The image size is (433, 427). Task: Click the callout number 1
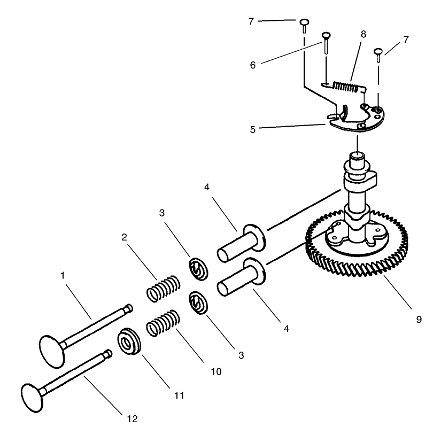click(x=63, y=276)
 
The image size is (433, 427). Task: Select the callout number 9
click(x=419, y=320)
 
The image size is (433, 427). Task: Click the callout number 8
click(x=363, y=34)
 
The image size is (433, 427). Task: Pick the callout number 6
click(x=252, y=65)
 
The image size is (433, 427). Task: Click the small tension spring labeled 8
click(x=348, y=85)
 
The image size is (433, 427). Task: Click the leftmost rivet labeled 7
click(x=304, y=22)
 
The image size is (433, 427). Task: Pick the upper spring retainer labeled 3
click(x=198, y=269)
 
